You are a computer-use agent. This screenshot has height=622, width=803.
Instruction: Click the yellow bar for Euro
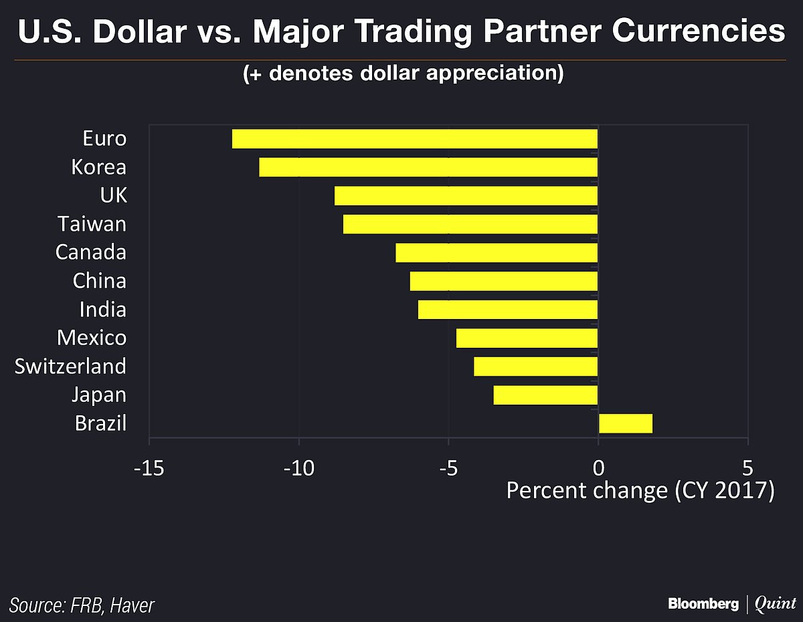(x=414, y=139)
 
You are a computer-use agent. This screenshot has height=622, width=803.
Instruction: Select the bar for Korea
(x=428, y=167)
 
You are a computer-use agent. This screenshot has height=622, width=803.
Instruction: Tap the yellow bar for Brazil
(x=625, y=423)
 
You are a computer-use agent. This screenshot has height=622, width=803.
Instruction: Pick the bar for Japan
(x=545, y=395)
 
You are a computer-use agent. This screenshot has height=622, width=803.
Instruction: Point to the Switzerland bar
(x=535, y=367)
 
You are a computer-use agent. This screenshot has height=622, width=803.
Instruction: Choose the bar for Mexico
(x=527, y=338)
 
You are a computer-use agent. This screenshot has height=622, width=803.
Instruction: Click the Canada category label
(x=90, y=252)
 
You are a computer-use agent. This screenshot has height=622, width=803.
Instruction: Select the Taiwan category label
(x=92, y=223)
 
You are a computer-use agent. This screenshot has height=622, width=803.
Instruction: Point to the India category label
(x=102, y=310)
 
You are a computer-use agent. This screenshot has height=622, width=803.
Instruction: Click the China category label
(x=99, y=281)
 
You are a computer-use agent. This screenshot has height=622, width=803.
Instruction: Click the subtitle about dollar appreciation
(x=403, y=73)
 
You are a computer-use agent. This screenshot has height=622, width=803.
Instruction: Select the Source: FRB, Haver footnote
(x=82, y=606)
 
